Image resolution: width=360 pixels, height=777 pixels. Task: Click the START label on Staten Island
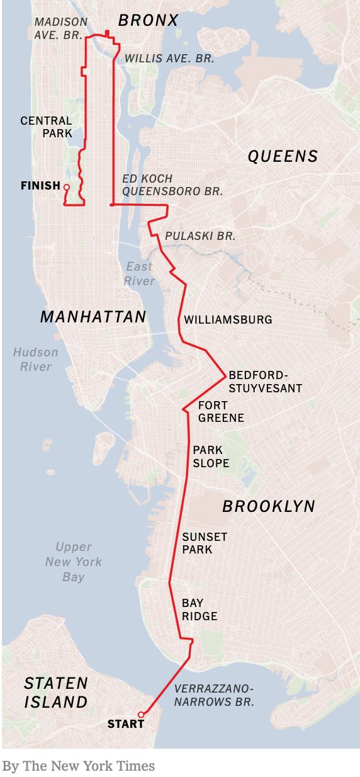(x=126, y=724)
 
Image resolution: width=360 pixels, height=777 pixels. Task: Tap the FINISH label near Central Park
(x=40, y=186)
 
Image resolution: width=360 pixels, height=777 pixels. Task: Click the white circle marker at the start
(x=141, y=714)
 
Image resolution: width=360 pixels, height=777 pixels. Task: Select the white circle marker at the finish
(x=66, y=186)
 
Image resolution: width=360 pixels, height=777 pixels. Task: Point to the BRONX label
(x=149, y=21)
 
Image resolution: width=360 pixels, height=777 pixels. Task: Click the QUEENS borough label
(x=283, y=156)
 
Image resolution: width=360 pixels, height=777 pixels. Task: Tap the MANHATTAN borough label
(x=93, y=317)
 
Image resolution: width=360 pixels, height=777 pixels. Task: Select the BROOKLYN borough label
(x=269, y=506)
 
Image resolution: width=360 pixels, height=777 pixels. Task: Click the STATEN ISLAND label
(x=56, y=693)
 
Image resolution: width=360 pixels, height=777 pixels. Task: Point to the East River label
(x=140, y=274)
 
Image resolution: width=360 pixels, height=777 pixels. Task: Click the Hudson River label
(x=35, y=360)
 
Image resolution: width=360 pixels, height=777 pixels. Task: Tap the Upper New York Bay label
(x=74, y=562)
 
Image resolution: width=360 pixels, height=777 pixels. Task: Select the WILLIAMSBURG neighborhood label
(x=228, y=320)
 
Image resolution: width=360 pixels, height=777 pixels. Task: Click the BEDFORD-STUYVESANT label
(x=265, y=382)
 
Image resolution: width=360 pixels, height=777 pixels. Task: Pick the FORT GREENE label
(x=221, y=411)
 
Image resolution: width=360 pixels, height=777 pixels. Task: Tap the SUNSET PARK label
(x=205, y=543)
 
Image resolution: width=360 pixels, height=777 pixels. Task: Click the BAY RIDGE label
(x=200, y=610)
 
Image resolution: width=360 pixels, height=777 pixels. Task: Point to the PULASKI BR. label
(x=200, y=236)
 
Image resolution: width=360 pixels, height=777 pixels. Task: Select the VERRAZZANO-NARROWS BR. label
(x=214, y=695)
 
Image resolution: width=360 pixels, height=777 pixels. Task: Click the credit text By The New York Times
(x=78, y=766)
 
